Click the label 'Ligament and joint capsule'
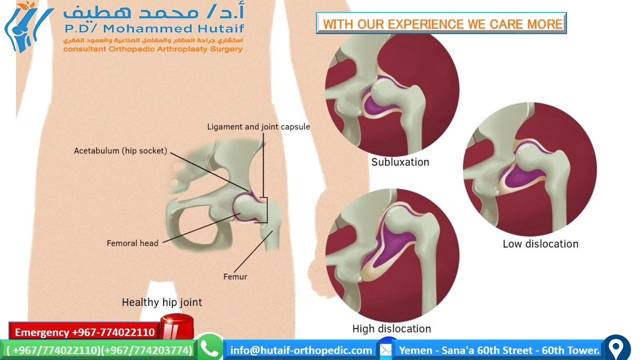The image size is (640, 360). click(258, 127)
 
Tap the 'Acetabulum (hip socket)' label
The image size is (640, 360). click(120, 150)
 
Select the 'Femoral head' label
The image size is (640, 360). click(132, 243)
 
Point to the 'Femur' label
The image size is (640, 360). click(235, 276)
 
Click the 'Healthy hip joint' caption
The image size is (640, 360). click(162, 302)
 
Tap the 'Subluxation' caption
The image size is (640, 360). click(400, 162)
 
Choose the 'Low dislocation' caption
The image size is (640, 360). click(540, 244)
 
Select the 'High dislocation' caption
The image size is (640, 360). click(391, 328)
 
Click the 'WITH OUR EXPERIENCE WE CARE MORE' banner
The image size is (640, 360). click(441, 24)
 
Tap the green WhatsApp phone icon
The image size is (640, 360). click(209, 348)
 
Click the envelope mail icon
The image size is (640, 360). click(385, 349)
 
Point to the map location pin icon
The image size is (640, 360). click(616, 348)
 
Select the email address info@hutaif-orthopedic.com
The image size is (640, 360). click(301, 350)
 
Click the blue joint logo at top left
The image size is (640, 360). click(27, 27)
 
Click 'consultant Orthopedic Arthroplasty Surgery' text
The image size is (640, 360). click(152, 49)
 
